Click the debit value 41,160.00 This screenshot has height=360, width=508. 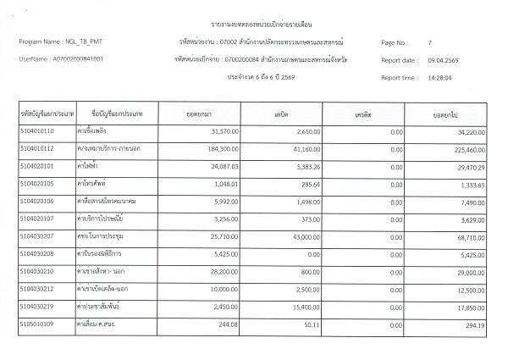pyautogui.click(x=301, y=149)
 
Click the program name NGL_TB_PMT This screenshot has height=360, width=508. pyautogui.click(x=80, y=42)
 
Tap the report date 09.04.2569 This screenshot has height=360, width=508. pyautogui.click(x=443, y=60)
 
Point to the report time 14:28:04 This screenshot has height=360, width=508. pyautogui.click(x=439, y=78)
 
